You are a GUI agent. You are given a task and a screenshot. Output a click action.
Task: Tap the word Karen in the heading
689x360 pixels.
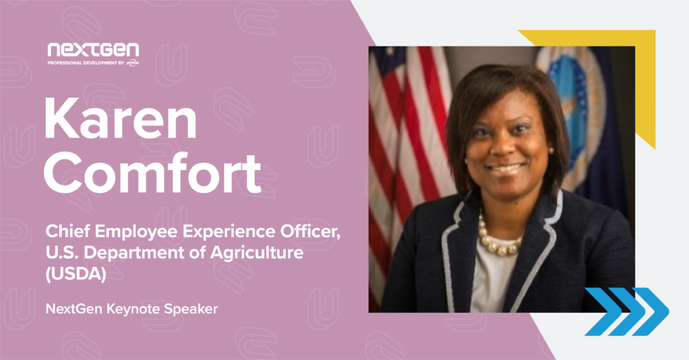point(120,118)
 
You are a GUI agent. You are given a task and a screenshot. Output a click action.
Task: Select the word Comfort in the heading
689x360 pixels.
point(153,172)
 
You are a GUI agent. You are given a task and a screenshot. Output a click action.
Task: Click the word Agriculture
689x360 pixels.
point(256,253)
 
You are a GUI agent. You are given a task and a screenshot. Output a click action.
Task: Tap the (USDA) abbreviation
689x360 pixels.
point(76,275)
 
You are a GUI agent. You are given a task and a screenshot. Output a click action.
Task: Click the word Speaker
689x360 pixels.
point(191,309)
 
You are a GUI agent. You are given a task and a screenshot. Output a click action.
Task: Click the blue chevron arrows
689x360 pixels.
point(627,312)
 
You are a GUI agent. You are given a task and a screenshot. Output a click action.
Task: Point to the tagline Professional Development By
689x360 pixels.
point(86,63)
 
